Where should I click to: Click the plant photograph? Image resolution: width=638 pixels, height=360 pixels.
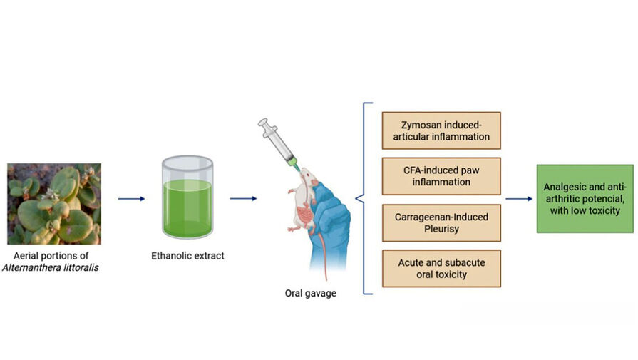(x=53, y=204)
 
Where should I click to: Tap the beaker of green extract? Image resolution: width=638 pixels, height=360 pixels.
(x=187, y=199)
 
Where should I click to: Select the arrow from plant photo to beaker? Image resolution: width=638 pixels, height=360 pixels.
(x=130, y=199)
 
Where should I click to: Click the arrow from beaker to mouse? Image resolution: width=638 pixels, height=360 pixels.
(x=243, y=199)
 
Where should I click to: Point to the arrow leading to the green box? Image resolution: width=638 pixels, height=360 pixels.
(x=519, y=199)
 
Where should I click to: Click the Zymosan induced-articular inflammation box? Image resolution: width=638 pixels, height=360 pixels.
(x=441, y=130)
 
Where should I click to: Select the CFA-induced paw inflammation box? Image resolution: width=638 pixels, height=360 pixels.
(x=441, y=176)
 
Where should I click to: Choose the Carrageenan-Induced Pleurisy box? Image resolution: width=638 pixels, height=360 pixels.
(x=441, y=222)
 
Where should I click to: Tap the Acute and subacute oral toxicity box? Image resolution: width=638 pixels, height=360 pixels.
(x=441, y=268)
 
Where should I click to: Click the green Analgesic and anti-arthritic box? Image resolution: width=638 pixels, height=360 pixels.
(x=585, y=198)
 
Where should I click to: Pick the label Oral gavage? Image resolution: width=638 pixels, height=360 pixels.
(x=311, y=293)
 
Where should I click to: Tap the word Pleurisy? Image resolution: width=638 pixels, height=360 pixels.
(x=441, y=228)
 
